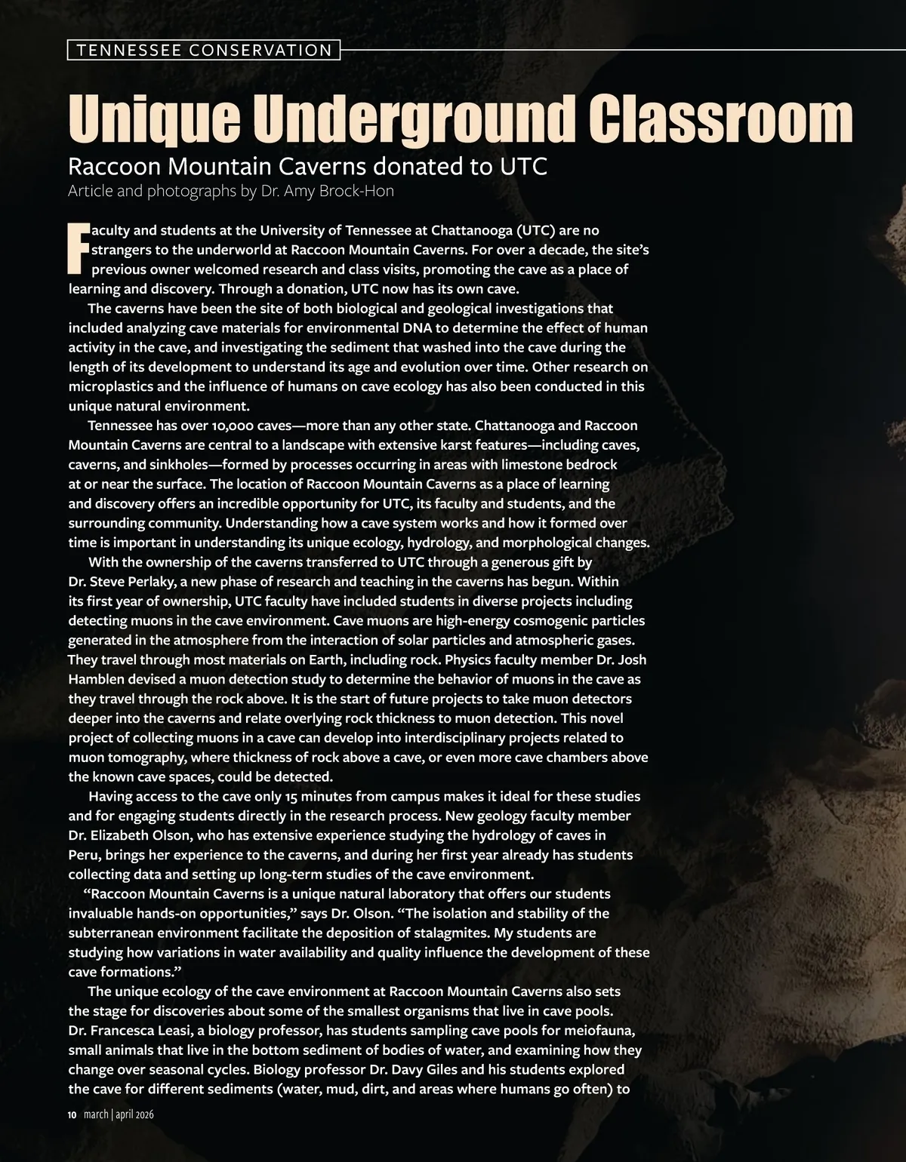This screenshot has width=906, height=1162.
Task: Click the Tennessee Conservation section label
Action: [204, 51]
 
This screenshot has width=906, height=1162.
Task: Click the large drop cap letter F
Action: [79, 249]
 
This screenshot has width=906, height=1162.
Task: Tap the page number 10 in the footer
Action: [72, 1114]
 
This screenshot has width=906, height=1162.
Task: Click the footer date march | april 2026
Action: [119, 1114]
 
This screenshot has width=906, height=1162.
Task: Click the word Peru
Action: [83, 855]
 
